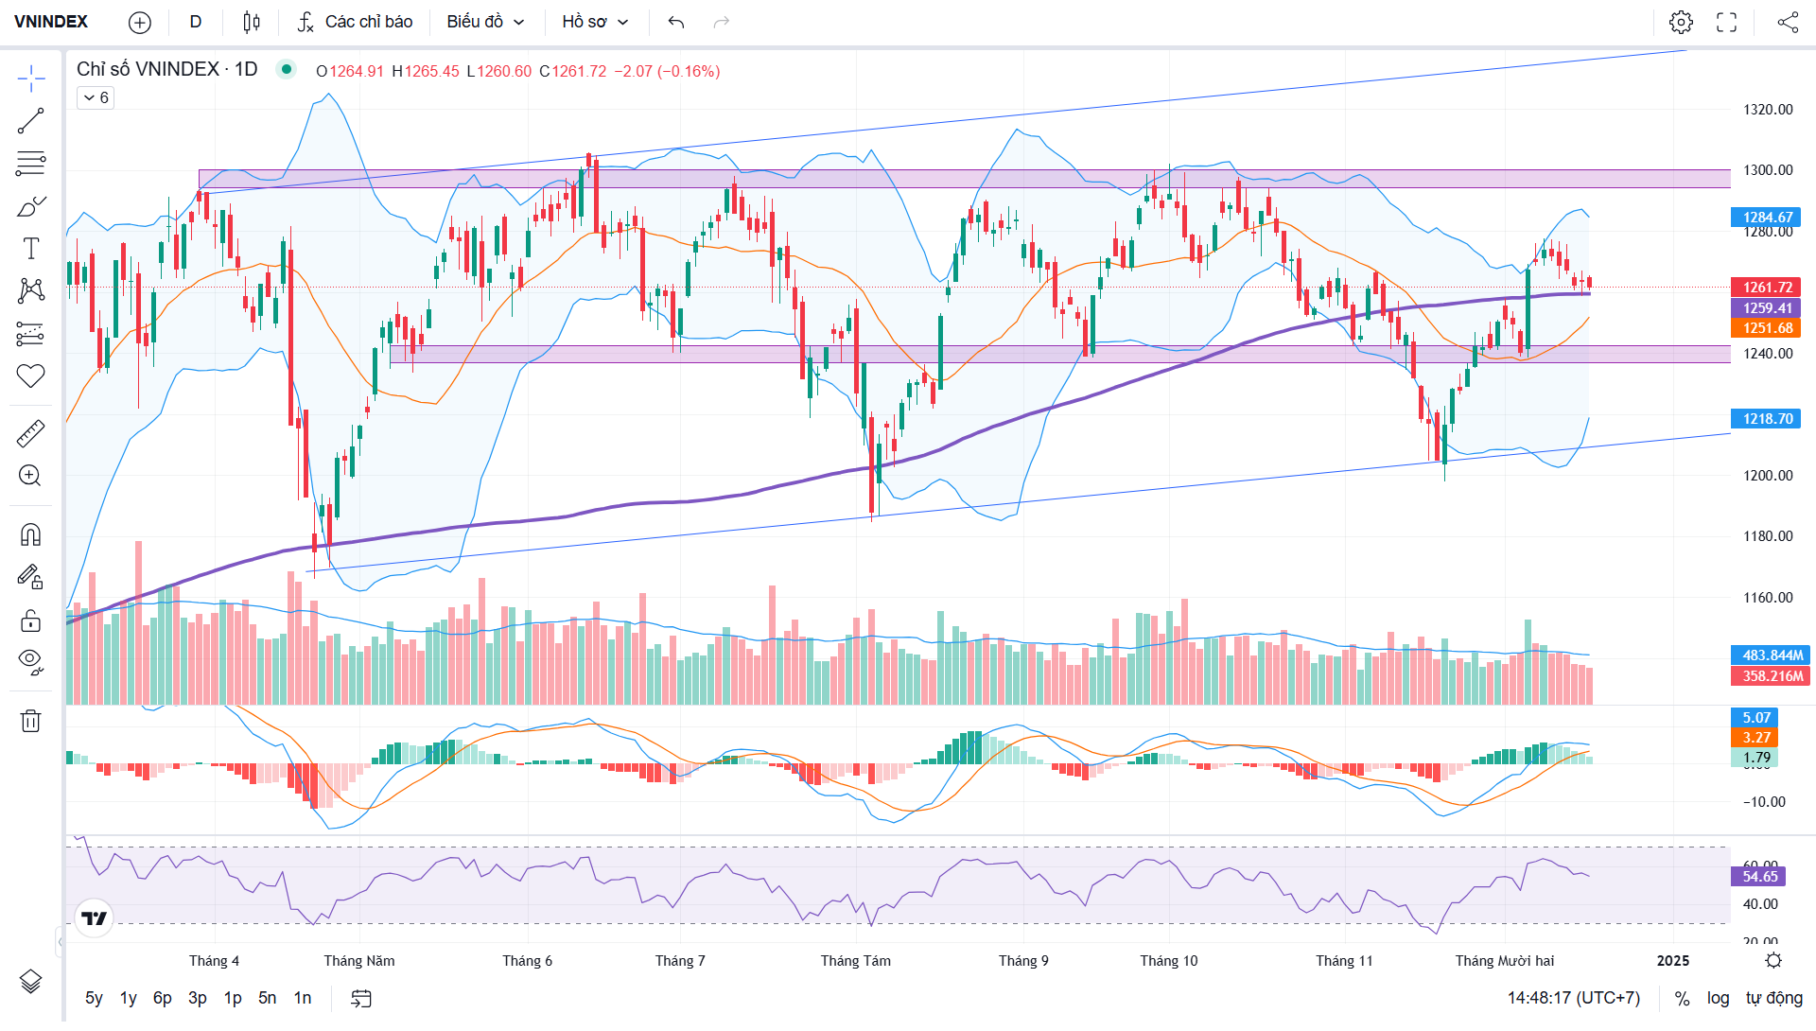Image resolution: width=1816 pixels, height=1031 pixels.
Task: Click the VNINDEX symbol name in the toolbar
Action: pyautogui.click(x=51, y=22)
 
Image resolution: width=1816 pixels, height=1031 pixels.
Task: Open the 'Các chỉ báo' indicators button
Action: pyautogui.click(x=356, y=22)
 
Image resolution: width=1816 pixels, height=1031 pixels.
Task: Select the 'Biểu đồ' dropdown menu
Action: pyautogui.click(x=485, y=22)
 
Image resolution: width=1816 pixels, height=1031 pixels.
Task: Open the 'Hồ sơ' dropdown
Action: pyautogui.click(x=595, y=22)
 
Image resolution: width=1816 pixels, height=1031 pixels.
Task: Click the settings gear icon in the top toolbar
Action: pyautogui.click(x=1681, y=22)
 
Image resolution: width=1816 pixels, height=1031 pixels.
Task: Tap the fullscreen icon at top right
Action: pyautogui.click(x=1726, y=22)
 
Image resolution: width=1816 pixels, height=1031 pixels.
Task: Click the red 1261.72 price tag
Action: pyautogui.click(x=1767, y=288)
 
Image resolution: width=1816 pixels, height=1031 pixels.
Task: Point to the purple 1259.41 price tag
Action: pyautogui.click(x=1767, y=308)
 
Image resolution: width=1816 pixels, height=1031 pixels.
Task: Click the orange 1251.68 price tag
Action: pyautogui.click(x=1767, y=328)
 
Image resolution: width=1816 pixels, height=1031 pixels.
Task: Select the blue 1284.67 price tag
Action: pyautogui.click(x=1767, y=218)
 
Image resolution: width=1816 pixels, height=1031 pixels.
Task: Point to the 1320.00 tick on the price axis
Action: pyautogui.click(x=1767, y=110)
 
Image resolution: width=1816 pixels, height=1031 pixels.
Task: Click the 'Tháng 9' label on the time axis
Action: pyautogui.click(x=1023, y=961)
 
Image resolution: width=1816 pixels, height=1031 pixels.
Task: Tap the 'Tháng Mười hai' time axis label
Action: pyautogui.click(x=1504, y=961)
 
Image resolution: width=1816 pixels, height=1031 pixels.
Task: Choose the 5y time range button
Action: pyautogui.click(x=94, y=998)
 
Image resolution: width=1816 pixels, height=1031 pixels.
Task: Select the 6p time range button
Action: pyautogui.click(x=163, y=998)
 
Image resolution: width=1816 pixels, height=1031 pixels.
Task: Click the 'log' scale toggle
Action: pyautogui.click(x=1718, y=998)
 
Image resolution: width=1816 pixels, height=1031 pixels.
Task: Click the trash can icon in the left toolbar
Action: pyautogui.click(x=30, y=722)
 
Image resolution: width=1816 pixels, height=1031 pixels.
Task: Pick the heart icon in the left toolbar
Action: pyautogui.click(x=30, y=376)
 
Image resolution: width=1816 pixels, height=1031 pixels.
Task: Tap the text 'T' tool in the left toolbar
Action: pyautogui.click(x=30, y=249)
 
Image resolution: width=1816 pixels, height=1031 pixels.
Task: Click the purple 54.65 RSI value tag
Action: pyautogui.click(x=1759, y=877)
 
